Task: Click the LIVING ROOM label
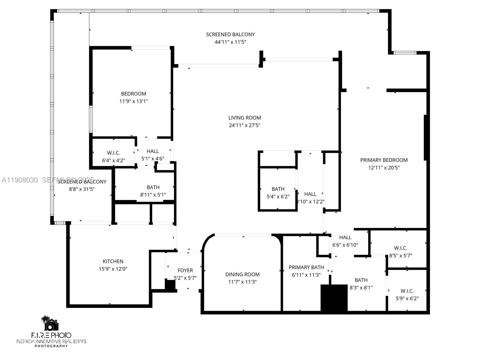(244, 118)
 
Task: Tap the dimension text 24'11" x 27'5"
(244, 125)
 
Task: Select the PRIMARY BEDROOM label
(384, 160)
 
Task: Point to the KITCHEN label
(113, 262)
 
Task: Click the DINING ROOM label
(242, 274)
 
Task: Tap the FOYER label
(185, 271)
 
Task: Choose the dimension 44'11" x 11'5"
(230, 42)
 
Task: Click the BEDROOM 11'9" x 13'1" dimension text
(133, 101)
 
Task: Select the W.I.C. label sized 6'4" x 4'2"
(113, 153)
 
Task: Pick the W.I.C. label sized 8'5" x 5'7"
(400, 248)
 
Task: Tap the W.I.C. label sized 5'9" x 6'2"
(407, 291)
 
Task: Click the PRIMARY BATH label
(306, 267)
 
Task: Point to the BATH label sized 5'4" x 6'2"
(278, 189)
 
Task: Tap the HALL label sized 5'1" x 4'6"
(153, 151)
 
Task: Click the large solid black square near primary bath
(334, 298)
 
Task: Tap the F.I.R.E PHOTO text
(51, 335)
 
